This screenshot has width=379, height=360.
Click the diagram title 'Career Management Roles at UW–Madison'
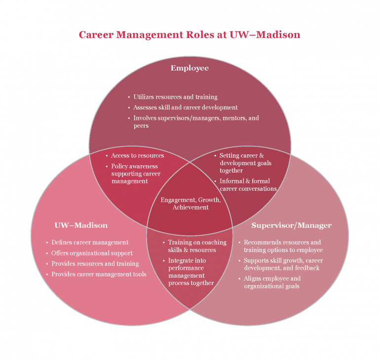[x=189, y=35]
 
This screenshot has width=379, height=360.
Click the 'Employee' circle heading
[x=189, y=68]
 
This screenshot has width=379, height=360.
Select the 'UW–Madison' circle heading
[x=81, y=225]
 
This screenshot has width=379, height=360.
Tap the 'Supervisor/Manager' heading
[x=292, y=225]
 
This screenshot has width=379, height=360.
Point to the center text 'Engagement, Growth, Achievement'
[x=190, y=204]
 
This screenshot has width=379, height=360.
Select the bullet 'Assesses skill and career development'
[x=183, y=108]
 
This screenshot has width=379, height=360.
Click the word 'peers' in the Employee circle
[x=141, y=126]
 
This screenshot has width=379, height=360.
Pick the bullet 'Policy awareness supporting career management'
[x=133, y=174]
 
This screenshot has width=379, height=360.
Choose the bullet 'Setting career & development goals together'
[x=243, y=163]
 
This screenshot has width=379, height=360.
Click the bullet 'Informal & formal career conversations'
[x=246, y=185]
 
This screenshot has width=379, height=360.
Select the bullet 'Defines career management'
[x=87, y=242]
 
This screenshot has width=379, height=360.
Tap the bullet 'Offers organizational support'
[x=90, y=253]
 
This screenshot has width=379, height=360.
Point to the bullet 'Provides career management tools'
[x=96, y=274]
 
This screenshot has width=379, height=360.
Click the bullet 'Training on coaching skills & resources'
[x=195, y=246]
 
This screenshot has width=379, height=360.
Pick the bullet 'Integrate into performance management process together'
[x=189, y=272]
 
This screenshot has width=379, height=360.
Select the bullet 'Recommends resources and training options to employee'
[x=281, y=246]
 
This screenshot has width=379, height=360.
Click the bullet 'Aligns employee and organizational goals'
[x=270, y=282]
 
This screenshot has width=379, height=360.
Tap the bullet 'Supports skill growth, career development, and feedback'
[x=281, y=264]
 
